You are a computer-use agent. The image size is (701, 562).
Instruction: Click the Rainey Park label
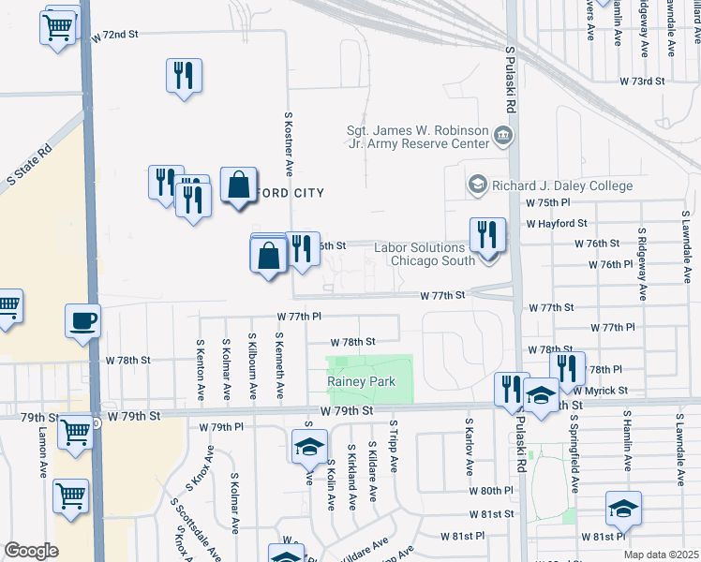pyautogui.click(x=361, y=381)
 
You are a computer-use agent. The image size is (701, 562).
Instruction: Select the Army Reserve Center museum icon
pyautogui.click(x=503, y=137)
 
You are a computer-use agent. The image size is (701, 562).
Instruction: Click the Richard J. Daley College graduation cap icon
pyautogui.click(x=478, y=185)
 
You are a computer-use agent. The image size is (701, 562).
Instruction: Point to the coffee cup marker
pyautogui.click(x=82, y=320)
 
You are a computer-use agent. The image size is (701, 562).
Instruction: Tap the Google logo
pyautogui.click(x=30, y=550)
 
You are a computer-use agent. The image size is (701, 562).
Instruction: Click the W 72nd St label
pyautogui.click(x=114, y=34)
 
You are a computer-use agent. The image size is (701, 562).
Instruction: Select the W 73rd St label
pyautogui.click(x=641, y=81)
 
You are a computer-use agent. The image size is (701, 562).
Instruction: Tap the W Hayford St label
pyautogui.click(x=557, y=224)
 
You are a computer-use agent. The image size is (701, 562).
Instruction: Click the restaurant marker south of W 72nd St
pyautogui.click(x=185, y=76)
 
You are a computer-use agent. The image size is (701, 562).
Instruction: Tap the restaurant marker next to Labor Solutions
pyautogui.click(x=487, y=235)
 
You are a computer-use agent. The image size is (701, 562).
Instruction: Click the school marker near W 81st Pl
pyautogui.click(x=623, y=509)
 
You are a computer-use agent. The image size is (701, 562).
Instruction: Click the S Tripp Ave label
pyautogui.click(x=393, y=449)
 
